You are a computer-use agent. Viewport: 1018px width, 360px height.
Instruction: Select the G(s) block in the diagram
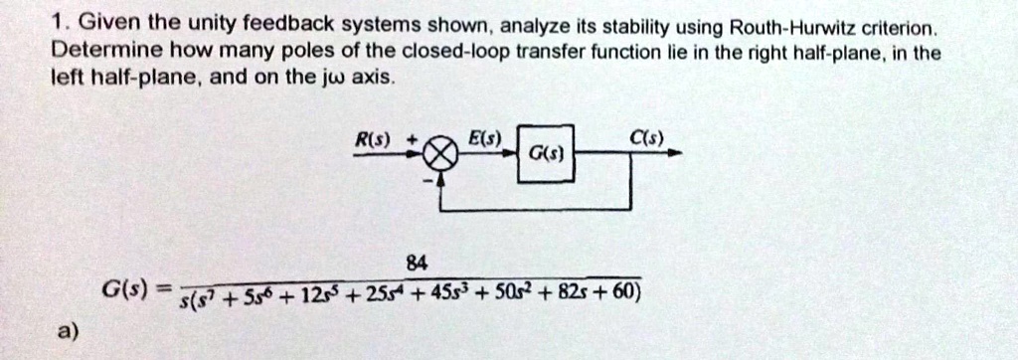click(x=543, y=155)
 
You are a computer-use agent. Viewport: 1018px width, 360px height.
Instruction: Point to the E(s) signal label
click(x=488, y=135)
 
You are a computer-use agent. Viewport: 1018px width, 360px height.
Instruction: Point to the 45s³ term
click(x=434, y=292)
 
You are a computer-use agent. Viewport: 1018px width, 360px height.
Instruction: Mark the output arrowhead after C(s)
click(x=677, y=155)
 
